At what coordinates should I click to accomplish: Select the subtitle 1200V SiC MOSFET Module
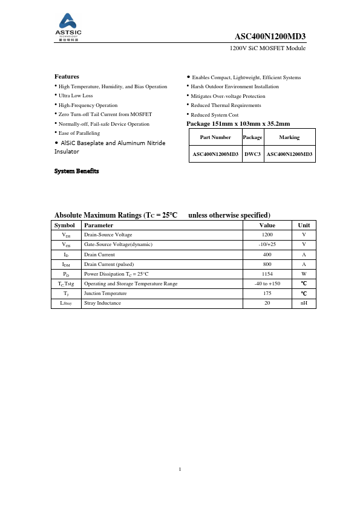click(x=267, y=48)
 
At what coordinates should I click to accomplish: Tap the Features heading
click(x=67, y=77)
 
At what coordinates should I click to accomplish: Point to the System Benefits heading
click(x=76, y=171)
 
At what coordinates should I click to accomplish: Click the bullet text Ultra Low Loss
click(x=76, y=96)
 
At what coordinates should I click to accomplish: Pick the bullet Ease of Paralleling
click(x=79, y=133)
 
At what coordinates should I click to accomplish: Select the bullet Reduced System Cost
click(x=215, y=114)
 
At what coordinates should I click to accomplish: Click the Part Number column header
click(x=215, y=137)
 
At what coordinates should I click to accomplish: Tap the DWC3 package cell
click(x=252, y=154)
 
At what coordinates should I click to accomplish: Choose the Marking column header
click(x=289, y=137)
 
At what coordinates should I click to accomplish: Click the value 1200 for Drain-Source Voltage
click(x=267, y=235)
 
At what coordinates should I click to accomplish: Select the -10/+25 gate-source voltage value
click(x=267, y=244)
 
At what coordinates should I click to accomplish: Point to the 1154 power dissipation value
click(x=267, y=273)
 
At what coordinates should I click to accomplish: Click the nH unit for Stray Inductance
click(x=304, y=302)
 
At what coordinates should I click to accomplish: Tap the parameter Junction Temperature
click(x=105, y=293)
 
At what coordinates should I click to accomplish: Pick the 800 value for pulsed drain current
click(x=267, y=264)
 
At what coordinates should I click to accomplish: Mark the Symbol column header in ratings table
click(x=65, y=225)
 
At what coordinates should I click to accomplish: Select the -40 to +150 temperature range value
click(x=267, y=283)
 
